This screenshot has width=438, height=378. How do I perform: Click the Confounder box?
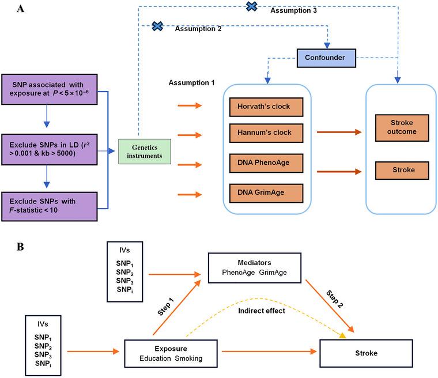click(324, 58)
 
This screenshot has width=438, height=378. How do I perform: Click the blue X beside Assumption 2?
click(157, 26)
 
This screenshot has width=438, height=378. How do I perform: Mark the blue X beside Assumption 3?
click(252, 6)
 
